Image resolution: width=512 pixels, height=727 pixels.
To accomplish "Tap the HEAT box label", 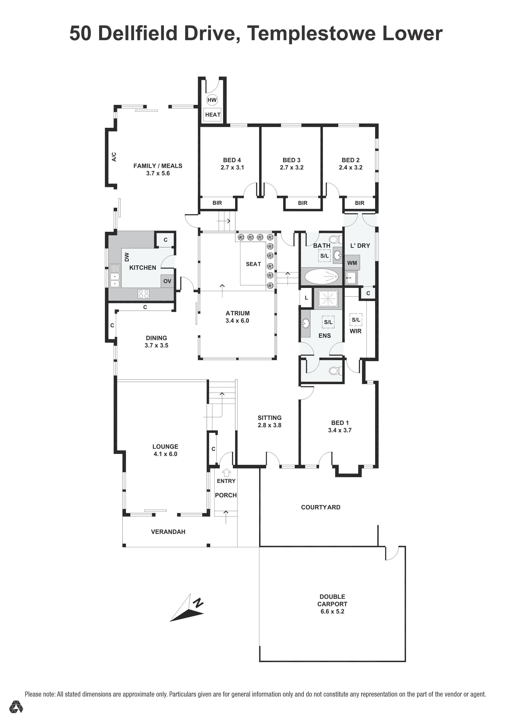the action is (213, 115).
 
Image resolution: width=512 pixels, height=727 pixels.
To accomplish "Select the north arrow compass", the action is (187, 608).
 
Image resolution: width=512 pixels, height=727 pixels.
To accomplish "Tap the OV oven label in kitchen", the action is (167, 281).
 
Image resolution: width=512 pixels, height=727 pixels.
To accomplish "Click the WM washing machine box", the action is (352, 263).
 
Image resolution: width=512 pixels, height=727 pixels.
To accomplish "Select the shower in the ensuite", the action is (328, 299).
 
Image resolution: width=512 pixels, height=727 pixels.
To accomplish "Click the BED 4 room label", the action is (232, 160).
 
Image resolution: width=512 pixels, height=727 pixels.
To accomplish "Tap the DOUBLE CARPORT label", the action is (332, 600).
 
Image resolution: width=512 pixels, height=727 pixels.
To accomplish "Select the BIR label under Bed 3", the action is (303, 203).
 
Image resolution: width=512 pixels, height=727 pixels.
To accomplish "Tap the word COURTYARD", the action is (321, 507).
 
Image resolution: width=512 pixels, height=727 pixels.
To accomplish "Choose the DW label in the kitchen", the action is (127, 257).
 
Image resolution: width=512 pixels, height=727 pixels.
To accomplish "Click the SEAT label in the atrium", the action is (253, 264).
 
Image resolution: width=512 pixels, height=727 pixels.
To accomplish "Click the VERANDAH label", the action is (168, 532).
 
